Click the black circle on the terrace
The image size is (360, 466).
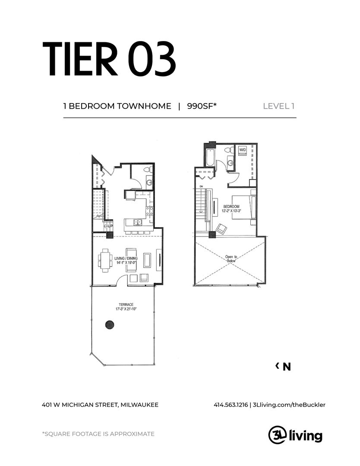pos(110,324)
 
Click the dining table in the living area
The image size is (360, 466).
pos(105,260)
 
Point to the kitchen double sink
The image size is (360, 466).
pos(138,223)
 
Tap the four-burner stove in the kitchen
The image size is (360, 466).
pos(149,211)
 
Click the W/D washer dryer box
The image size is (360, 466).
pos(243,150)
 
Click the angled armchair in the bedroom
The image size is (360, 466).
pos(221,229)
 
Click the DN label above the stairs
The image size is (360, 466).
pos(201,186)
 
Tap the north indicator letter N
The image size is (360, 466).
pos(287,367)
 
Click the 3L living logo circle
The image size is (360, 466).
pos(276,435)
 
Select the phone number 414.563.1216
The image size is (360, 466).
pos(231,405)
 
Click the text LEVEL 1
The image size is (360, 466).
pos(279,106)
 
